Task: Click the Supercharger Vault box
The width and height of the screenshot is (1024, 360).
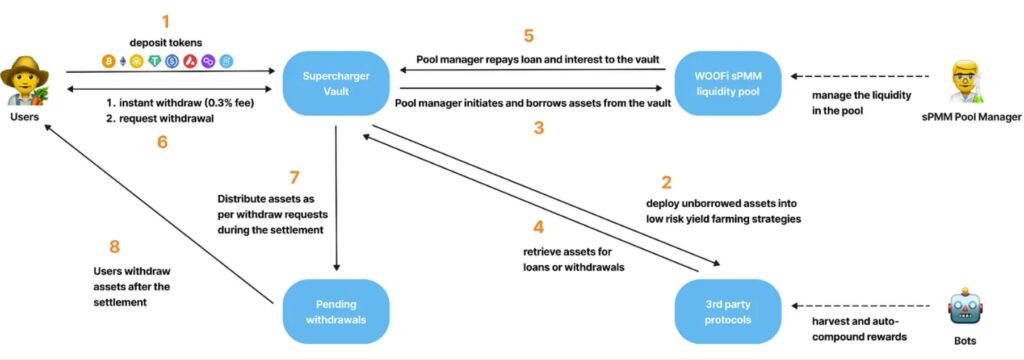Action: point(336,83)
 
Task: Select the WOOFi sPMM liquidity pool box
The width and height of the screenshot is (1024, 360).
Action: point(729,83)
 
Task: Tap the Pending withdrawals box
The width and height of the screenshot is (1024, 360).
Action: point(336,311)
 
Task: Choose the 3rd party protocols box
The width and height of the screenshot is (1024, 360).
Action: point(729,311)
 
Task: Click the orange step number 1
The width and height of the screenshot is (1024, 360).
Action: point(165,22)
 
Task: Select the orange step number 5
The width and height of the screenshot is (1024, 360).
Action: point(529,36)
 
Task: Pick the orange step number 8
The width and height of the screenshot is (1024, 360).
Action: point(115,247)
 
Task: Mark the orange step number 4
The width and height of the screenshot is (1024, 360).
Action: point(538,228)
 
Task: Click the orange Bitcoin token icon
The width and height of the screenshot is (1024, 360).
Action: point(108,61)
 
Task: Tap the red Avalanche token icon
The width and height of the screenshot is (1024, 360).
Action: point(192,61)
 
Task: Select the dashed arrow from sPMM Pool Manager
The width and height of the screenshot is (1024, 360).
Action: point(860,76)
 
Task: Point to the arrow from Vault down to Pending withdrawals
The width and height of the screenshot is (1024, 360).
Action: point(336,197)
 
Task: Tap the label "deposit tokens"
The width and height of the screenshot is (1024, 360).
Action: point(166,44)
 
